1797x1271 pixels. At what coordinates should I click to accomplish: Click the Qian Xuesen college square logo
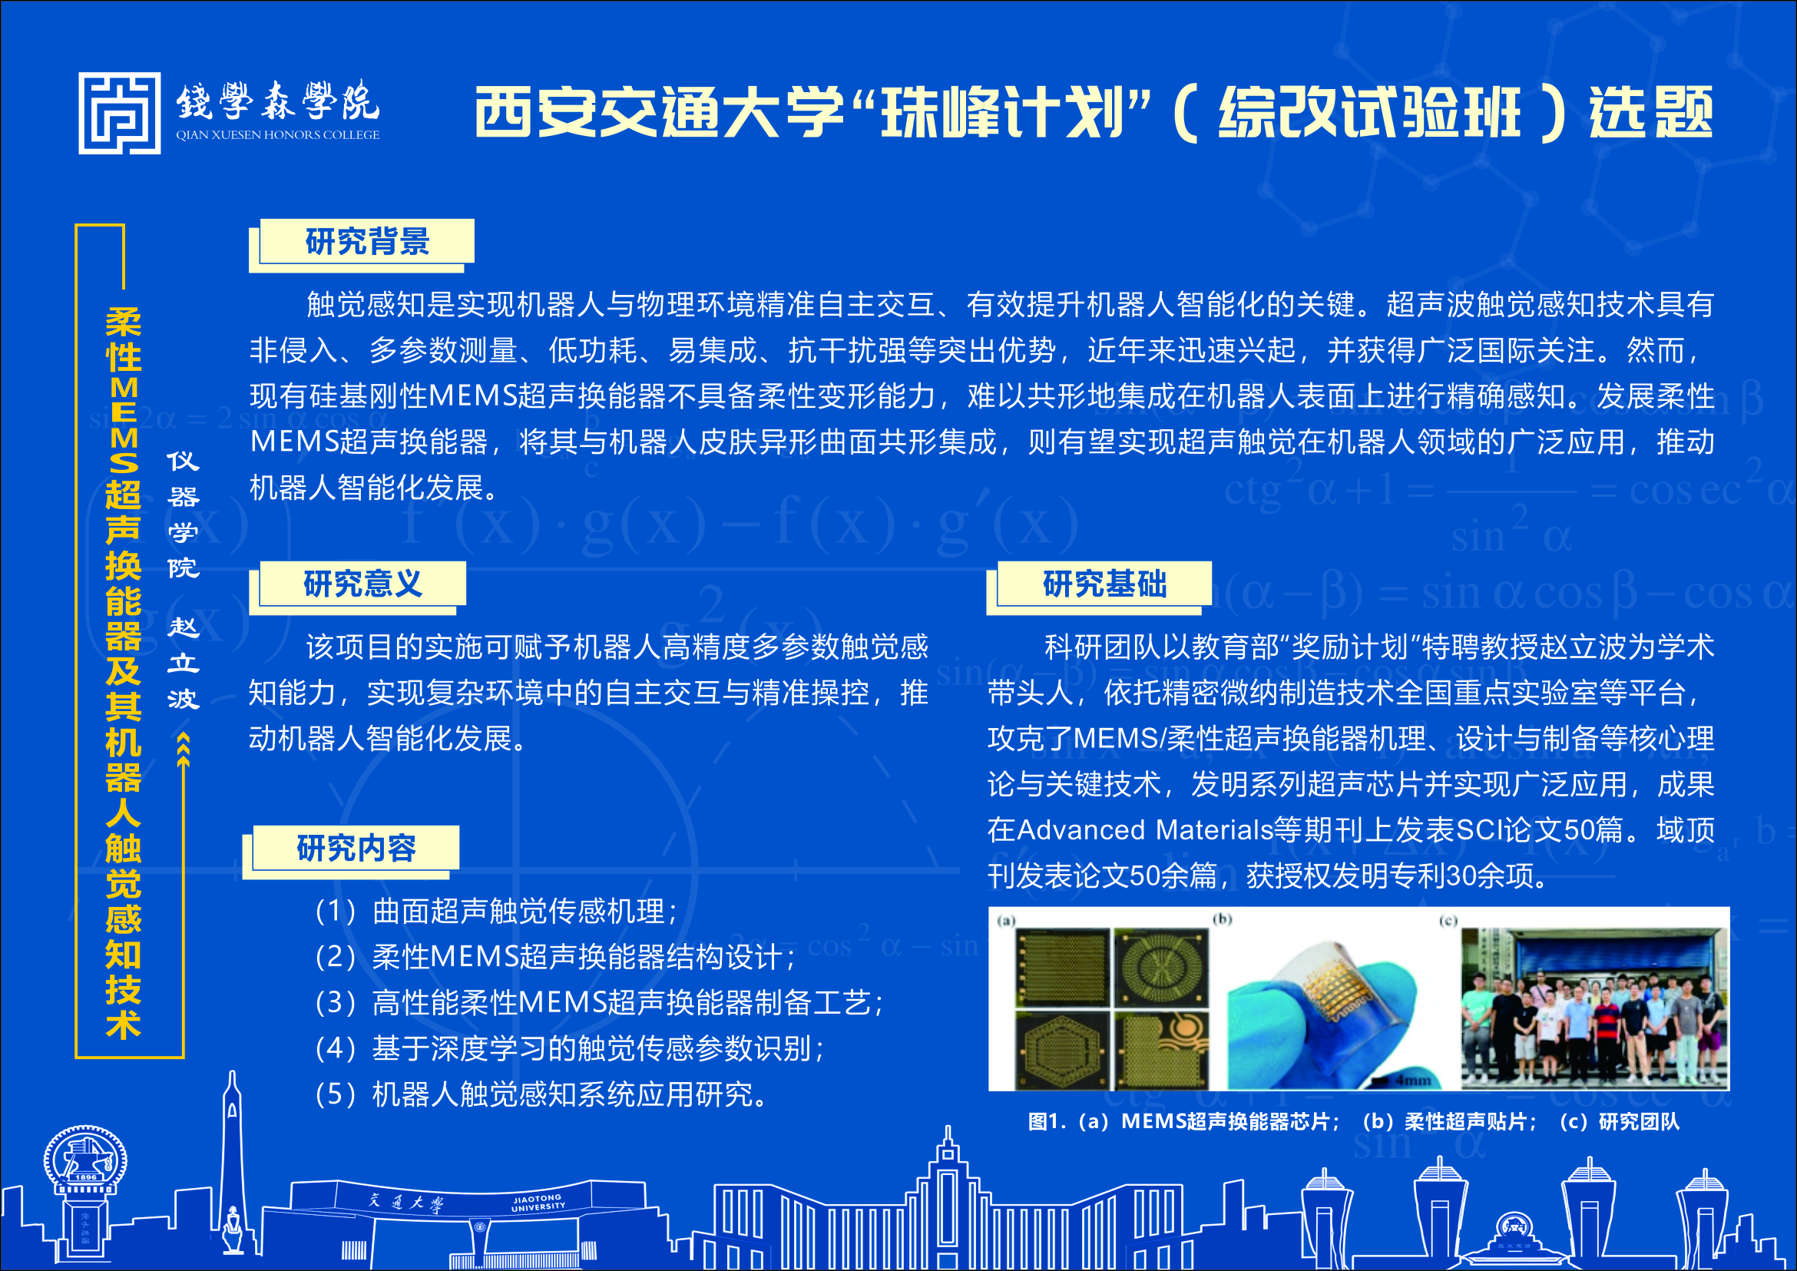pos(119,114)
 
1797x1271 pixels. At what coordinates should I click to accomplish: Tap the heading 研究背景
pos(367,242)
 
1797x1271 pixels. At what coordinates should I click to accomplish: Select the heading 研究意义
pos(362,584)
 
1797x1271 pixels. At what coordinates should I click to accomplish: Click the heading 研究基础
pos(1104,584)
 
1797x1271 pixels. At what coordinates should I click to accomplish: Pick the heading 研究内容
pos(356,848)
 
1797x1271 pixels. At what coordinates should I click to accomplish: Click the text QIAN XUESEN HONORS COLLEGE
pos(277,134)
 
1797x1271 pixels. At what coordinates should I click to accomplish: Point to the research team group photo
pos(1594,1008)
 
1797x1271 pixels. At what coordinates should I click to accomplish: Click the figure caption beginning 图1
pos(1353,1121)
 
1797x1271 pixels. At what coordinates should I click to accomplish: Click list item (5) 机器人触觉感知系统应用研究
pos(540,1094)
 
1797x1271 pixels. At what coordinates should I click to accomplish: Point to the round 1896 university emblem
pos(84,1160)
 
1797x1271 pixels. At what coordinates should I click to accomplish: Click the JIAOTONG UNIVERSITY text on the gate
pos(538,1203)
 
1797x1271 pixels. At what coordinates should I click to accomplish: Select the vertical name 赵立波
pos(183,662)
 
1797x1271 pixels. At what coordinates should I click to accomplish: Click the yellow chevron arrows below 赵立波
pos(183,748)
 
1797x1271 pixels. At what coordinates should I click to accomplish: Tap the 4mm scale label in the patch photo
pos(1414,1080)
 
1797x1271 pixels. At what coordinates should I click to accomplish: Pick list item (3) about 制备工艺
pos(599,1002)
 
